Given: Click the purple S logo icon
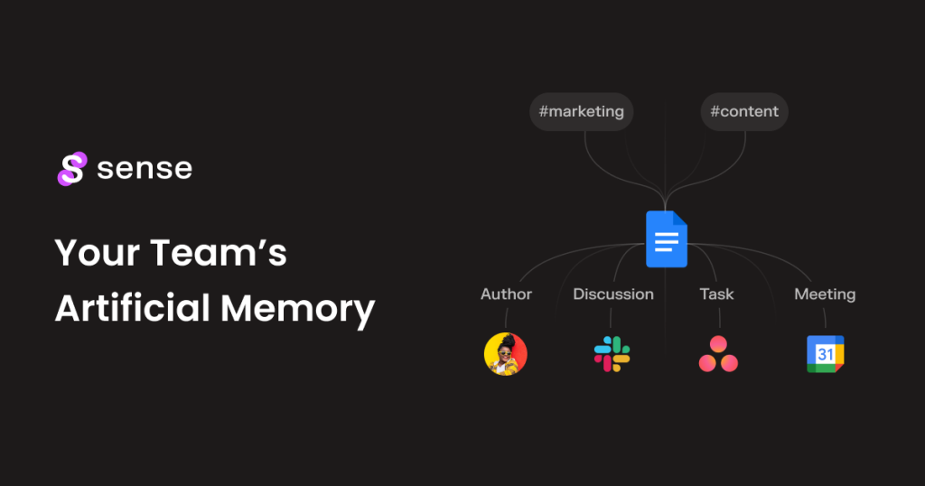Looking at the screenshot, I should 71,169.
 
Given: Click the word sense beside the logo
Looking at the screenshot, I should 145,169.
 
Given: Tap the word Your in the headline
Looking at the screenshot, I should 95,253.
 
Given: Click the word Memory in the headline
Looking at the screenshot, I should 297,310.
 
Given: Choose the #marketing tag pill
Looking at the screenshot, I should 581,112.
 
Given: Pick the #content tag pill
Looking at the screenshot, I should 744,112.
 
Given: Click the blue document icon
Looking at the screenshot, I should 667,238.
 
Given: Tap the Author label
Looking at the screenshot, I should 506,294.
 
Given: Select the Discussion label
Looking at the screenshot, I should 613,294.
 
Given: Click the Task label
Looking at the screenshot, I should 717,294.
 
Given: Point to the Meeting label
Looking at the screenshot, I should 825,294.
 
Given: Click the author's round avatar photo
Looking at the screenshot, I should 506,354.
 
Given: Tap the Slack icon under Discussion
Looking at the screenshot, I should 612,354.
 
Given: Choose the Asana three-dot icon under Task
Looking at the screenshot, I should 718,355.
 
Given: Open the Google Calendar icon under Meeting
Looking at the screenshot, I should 825,354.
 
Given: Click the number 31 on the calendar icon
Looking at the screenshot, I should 825,355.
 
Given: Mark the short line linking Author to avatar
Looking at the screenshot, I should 506,317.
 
